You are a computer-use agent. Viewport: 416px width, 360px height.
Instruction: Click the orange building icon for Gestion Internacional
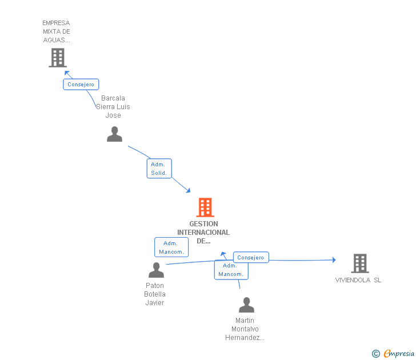[x=205, y=207]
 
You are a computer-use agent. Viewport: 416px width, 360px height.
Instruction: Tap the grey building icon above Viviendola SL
[x=359, y=263]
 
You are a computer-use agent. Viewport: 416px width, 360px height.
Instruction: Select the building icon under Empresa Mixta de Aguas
[x=58, y=58]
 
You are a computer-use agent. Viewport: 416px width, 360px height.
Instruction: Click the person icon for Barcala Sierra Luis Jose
[x=114, y=134]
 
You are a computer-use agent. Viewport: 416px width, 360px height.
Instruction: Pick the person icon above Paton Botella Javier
[x=156, y=270]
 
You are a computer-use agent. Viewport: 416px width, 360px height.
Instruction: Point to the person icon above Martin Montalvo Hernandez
[x=246, y=305]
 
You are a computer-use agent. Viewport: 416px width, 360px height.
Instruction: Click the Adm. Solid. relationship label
[x=159, y=169]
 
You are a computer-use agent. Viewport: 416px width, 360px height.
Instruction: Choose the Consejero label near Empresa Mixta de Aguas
[x=81, y=85]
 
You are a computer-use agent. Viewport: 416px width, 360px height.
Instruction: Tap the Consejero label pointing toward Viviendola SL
[x=250, y=258]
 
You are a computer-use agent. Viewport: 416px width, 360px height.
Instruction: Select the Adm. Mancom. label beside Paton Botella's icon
[x=171, y=247]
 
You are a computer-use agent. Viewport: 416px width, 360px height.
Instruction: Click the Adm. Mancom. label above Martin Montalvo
[x=231, y=270]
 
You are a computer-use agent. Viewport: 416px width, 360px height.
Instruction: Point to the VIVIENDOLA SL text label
[x=358, y=280]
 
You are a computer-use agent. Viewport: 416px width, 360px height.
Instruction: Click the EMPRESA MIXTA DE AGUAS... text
[x=57, y=31]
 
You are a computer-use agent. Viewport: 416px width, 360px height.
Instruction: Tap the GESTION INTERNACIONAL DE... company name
[x=203, y=233]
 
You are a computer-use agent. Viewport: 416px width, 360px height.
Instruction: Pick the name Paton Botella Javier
[x=155, y=294]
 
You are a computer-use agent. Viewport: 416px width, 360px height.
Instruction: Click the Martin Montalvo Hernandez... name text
[x=245, y=329]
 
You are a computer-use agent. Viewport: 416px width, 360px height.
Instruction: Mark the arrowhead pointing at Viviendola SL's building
[x=333, y=260]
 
